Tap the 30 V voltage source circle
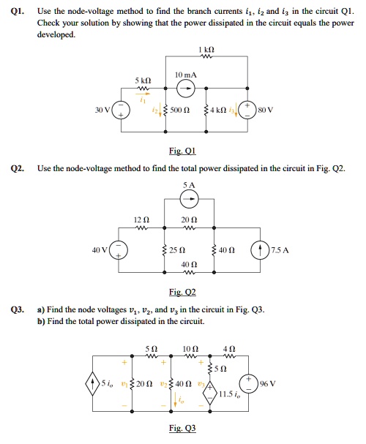(x=122, y=110)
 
